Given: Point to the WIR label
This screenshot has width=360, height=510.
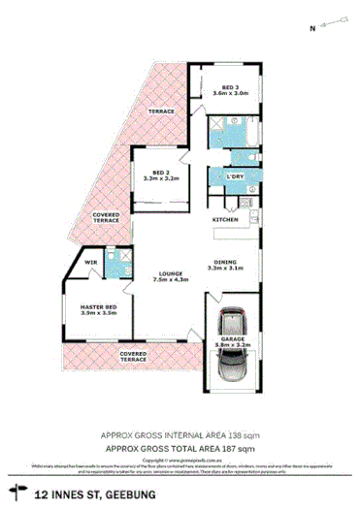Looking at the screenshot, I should pyautogui.click(x=90, y=263).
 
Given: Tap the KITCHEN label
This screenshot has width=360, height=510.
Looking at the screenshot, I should pyautogui.click(x=226, y=220).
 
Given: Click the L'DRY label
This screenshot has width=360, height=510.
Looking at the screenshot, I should pyautogui.click(x=234, y=177).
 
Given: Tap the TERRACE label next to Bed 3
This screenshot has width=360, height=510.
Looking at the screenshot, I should pyautogui.click(x=161, y=112).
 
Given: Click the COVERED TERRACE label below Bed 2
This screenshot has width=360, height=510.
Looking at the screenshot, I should pyautogui.click(x=106, y=218).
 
